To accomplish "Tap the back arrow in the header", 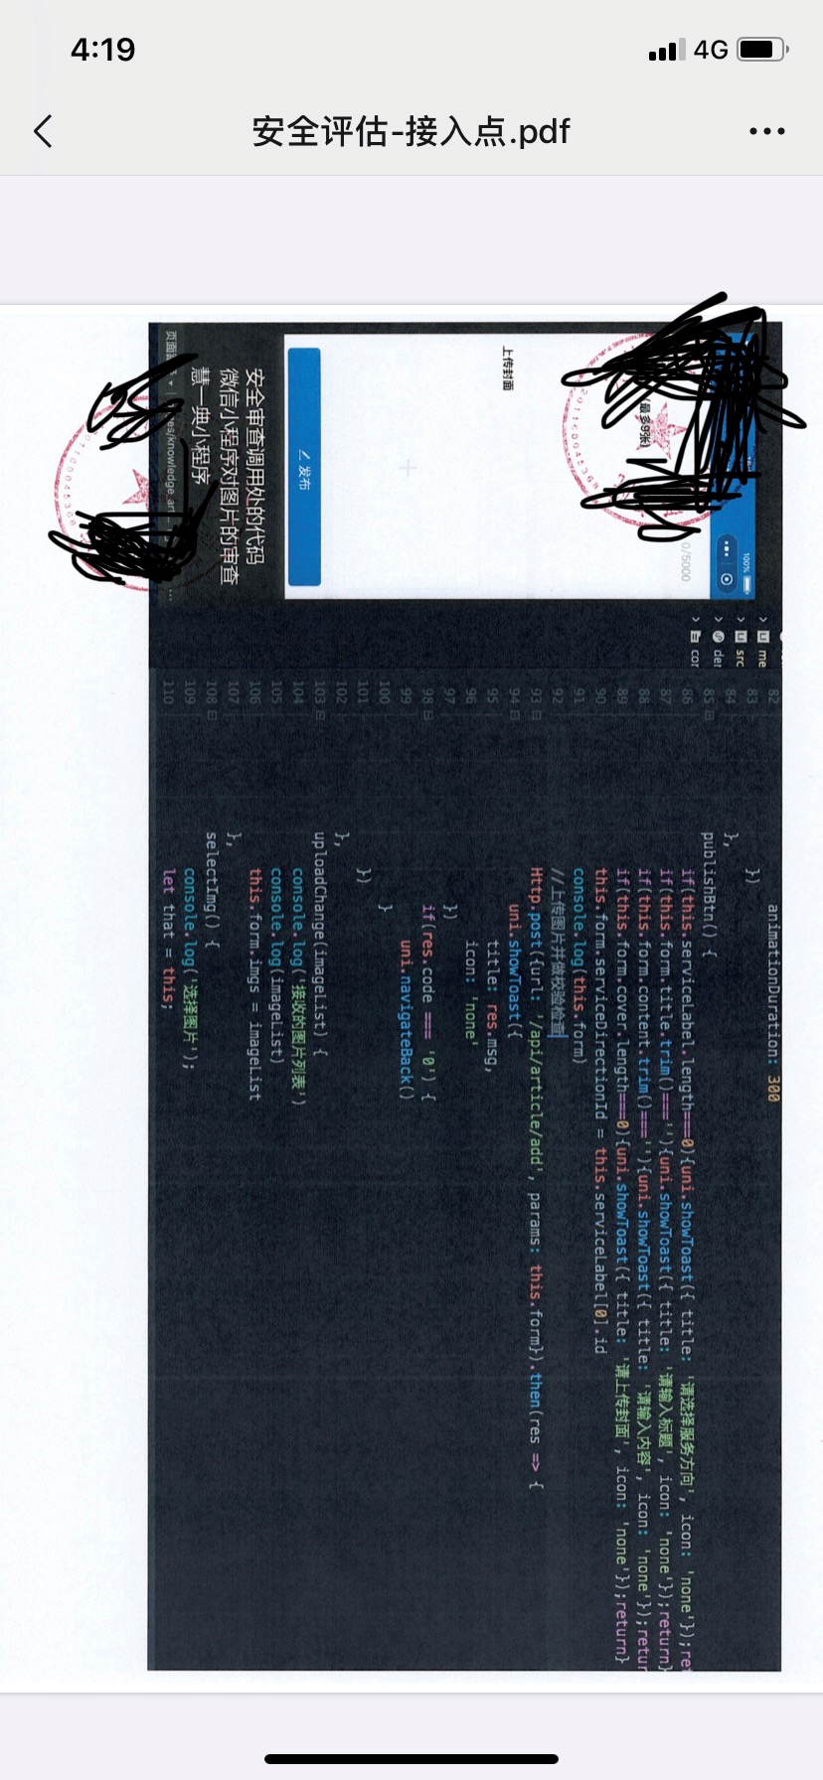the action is (x=43, y=131).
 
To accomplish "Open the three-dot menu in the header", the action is (x=766, y=131).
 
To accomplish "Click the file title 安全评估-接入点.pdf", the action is (x=411, y=131).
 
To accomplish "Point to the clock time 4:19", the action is (x=102, y=50).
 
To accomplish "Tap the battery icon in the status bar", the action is (x=762, y=50).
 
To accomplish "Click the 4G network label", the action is (x=711, y=50).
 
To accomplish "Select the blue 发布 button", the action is (x=303, y=467).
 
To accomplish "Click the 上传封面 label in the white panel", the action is (x=507, y=368).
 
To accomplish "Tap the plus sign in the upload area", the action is (x=408, y=467).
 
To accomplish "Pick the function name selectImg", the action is (x=210, y=874).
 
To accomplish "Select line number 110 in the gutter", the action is (x=167, y=692).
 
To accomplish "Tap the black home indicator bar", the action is (x=411, y=1759).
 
